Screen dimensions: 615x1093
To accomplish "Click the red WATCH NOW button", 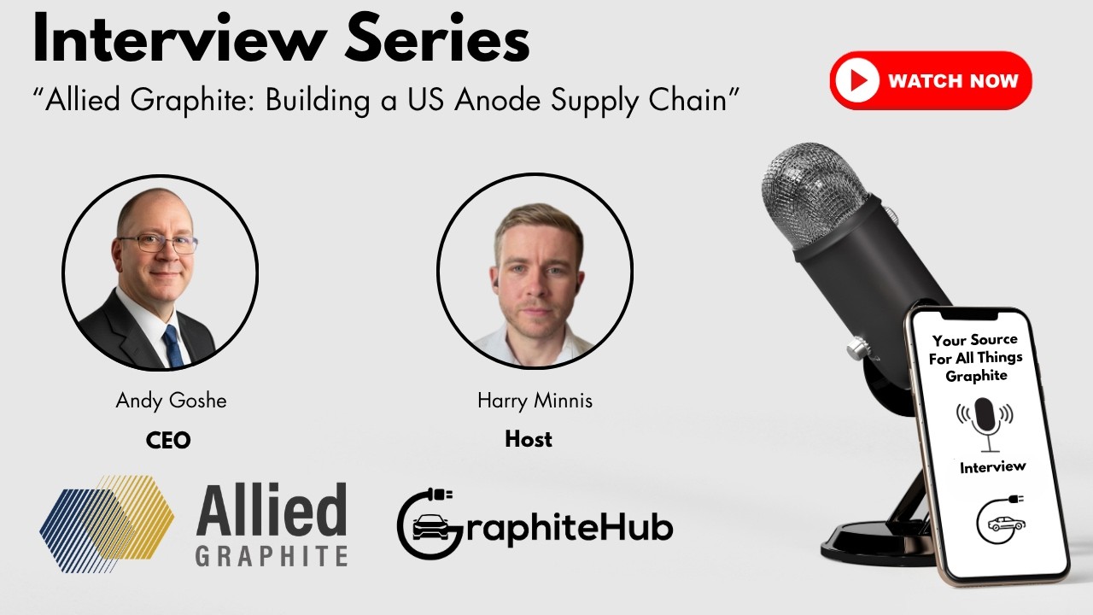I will click(x=931, y=81).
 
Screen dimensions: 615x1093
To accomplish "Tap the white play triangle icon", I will click(x=858, y=81).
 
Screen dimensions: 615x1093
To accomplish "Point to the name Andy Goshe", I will click(x=171, y=401).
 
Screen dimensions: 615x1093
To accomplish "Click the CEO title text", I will click(x=168, y=441).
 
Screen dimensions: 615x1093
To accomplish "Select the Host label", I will click(x=529, y=440).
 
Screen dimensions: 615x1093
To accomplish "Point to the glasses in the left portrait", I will click(x=159, y=243).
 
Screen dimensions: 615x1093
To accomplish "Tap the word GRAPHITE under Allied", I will click(x=271, y=555).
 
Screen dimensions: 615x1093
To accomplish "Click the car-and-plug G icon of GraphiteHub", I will click(x=427, y=524).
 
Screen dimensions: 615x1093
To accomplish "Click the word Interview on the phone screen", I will click(x=992, y=467).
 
